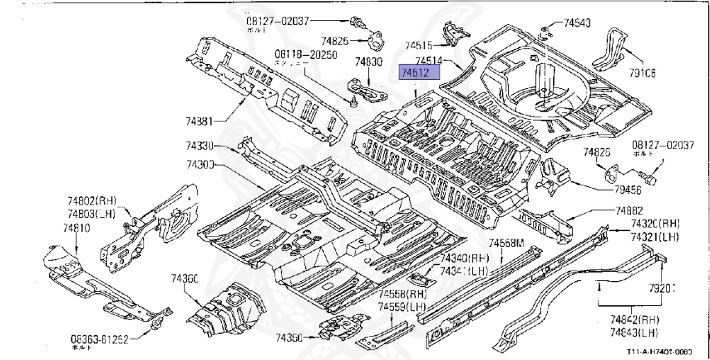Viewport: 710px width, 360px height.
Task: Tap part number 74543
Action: click(x=576, y=23)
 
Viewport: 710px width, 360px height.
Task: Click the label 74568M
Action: click(x=505, y=243)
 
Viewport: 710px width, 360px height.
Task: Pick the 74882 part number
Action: click(x=629, y=211)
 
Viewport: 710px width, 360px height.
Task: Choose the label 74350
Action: click(x=289, y=338)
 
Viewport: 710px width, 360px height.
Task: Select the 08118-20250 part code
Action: click(x=305, y=55)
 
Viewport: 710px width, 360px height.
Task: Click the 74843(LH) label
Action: click(x=634, y=332)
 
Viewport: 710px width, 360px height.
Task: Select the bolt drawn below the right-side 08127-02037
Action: click(x=651, y=178)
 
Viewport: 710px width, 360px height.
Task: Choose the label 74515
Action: click(x=419, y=44)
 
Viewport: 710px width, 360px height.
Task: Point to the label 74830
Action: click(x=369, y=62)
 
